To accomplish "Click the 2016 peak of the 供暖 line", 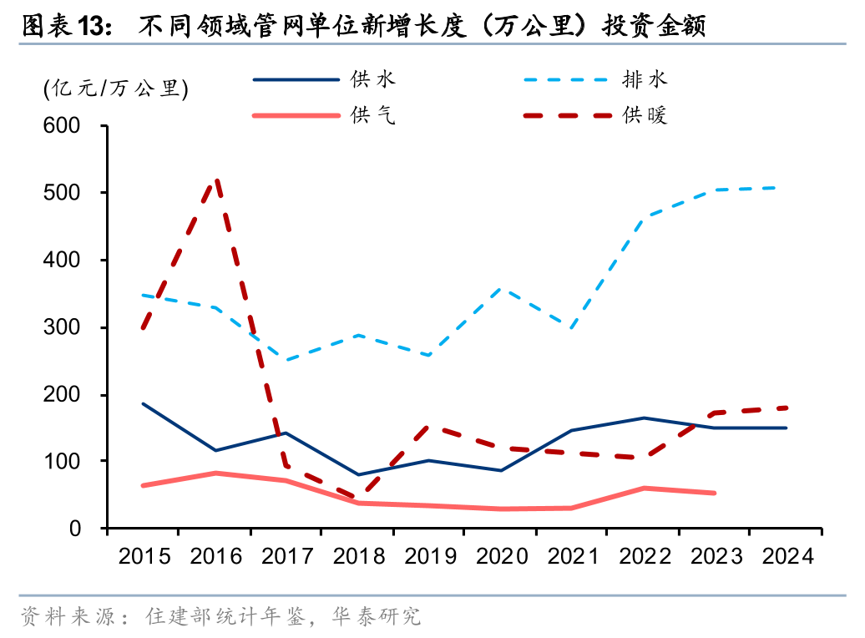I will pyautogui.click(x=216, y=180).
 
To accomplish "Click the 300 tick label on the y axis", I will pyautogui.click(x=61, y=327).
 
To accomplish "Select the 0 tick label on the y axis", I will pyautogui.click(x=74, y=529).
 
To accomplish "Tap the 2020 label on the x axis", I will pyautogui.click(x=500, y=556).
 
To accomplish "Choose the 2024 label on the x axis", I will pyautogui.click(x=786, y=556).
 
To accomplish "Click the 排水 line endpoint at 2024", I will pyautogui.click(x=786, y=187).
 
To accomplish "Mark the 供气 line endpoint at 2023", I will pyautogui.click(x=715, y=493).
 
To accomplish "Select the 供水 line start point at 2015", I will pyautogui.click(x=144, y=403).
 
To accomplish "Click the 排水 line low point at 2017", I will pyautogui.click(x=286, y=361).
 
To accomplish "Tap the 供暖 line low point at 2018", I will pyautogui.click(x=358, y=499).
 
